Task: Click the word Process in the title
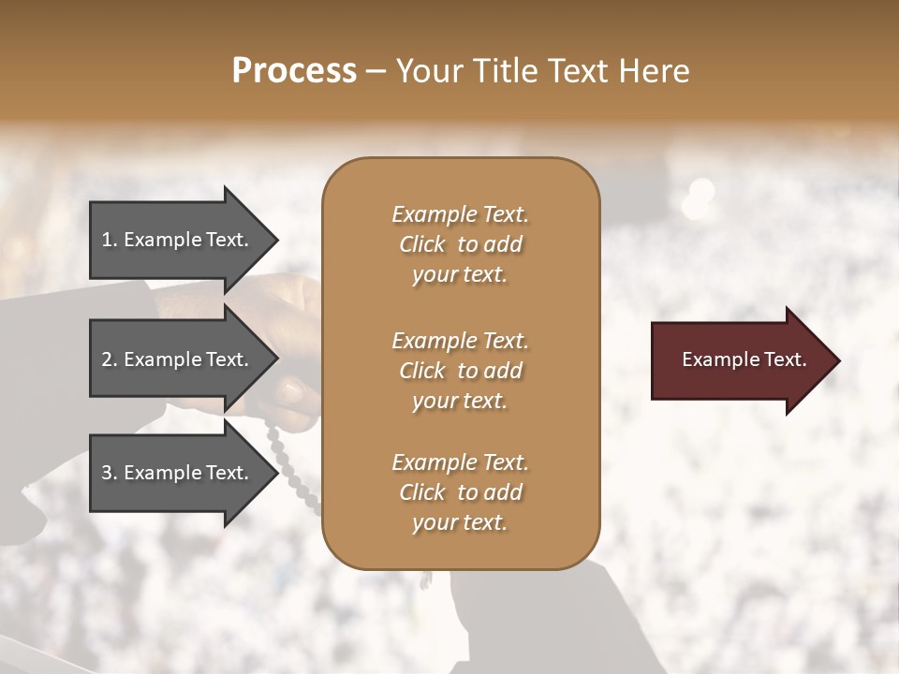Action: [x=294, y=71]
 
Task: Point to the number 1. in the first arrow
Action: [x=109, y=240]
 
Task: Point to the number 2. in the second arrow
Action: [x=109, y=359]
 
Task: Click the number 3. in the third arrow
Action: [x=109, y=473]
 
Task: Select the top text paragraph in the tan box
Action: [x=460, y=244]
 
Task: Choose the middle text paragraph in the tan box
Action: [x=460, y=370]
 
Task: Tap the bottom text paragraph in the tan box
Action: [x=460, y=492]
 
